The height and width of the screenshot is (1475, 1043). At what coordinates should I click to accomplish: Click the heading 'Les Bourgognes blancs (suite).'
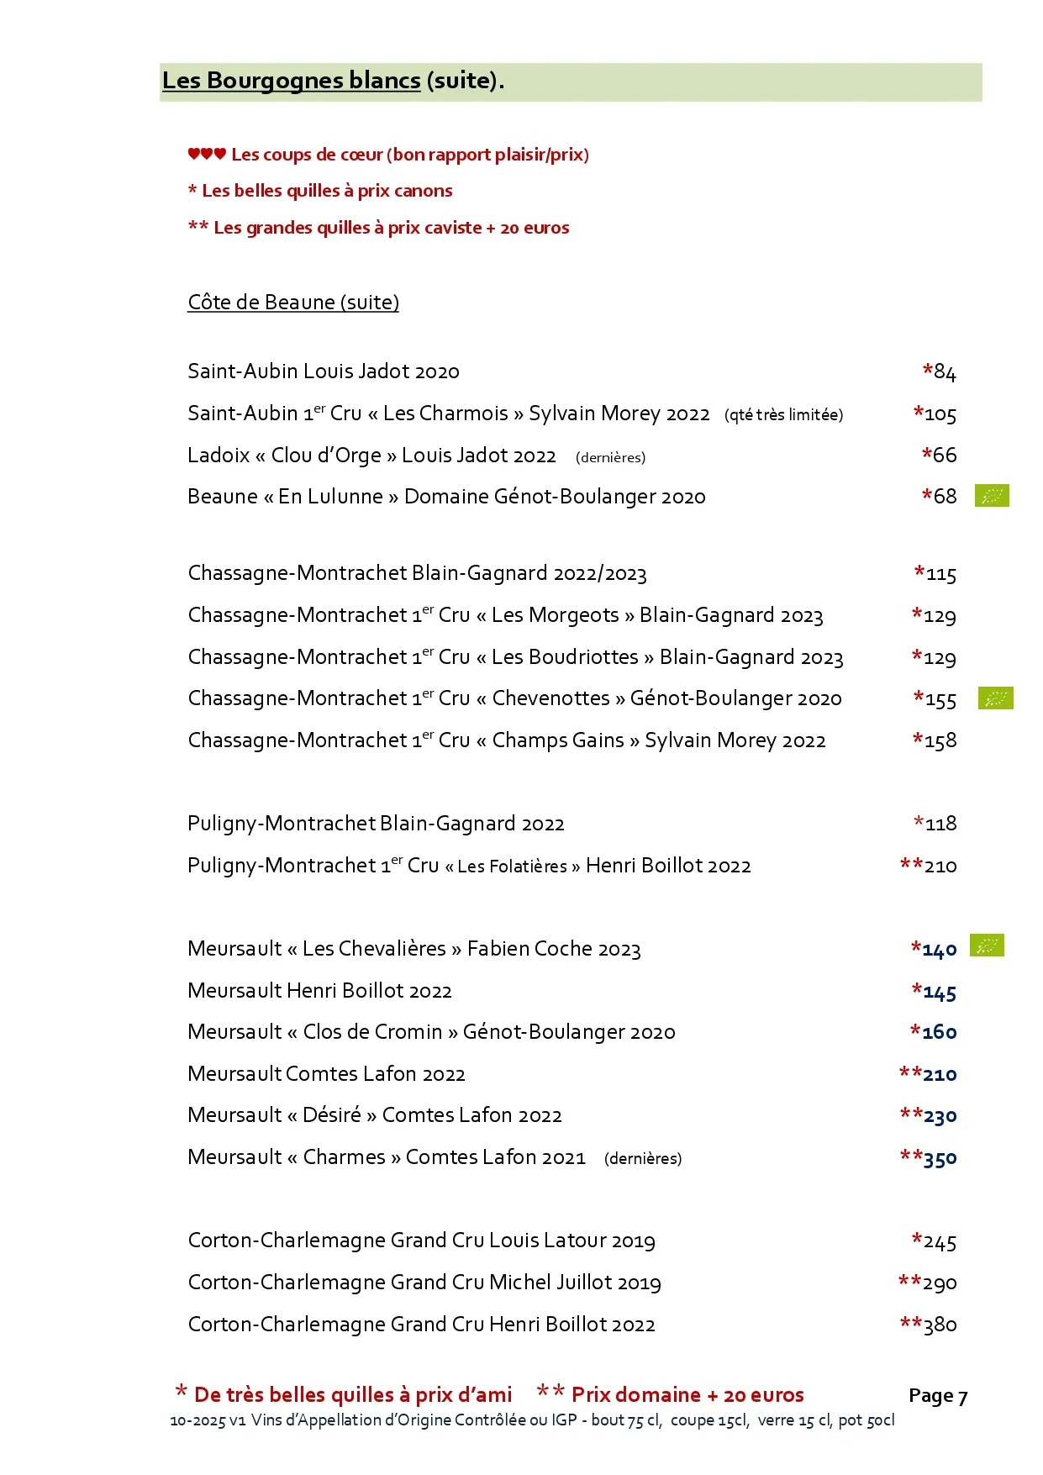click(x=333, y=81)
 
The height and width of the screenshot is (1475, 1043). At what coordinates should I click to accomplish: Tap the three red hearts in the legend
click(x=207, y=154)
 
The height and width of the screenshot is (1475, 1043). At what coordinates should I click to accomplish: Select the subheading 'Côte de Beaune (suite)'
click(x=293, y=303)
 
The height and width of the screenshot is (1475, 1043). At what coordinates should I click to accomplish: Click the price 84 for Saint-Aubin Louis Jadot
click(x=944, y=372)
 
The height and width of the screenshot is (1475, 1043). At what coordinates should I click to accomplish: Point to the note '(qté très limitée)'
click(x=783, y=415)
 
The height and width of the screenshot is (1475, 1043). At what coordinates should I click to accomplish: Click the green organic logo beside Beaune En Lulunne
click(x=992, y=496)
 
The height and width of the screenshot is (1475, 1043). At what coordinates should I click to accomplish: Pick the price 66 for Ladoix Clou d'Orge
click(x=944, y=456)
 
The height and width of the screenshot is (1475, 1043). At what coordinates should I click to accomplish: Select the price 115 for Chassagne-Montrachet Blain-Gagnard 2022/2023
click(x=940, y=575)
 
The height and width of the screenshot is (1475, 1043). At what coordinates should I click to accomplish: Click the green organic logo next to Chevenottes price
click(x=995, y=698)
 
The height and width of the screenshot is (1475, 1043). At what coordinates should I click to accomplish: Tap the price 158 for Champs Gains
click(x=940, y=741)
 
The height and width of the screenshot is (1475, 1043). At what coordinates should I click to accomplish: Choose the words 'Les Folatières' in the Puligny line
click(x=512, y=867)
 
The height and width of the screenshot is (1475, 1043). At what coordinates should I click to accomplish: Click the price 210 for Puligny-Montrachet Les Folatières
click(x=940, y=867)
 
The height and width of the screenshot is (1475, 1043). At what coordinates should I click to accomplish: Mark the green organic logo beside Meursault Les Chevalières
click(x=987, y=946)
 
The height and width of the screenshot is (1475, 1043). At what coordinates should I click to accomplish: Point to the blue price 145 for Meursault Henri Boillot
click(x=939, y=993)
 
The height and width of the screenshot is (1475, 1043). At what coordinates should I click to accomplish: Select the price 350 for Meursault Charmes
click(x=939, y=1159)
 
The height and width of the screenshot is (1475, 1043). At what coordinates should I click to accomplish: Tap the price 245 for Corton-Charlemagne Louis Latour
click(x=939, y=1242)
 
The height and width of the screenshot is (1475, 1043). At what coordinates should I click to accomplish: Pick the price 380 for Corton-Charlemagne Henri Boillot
click(x=940, y=1325)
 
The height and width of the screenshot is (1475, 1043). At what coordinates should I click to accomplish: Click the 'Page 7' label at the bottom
click(x=938, y=1396)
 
